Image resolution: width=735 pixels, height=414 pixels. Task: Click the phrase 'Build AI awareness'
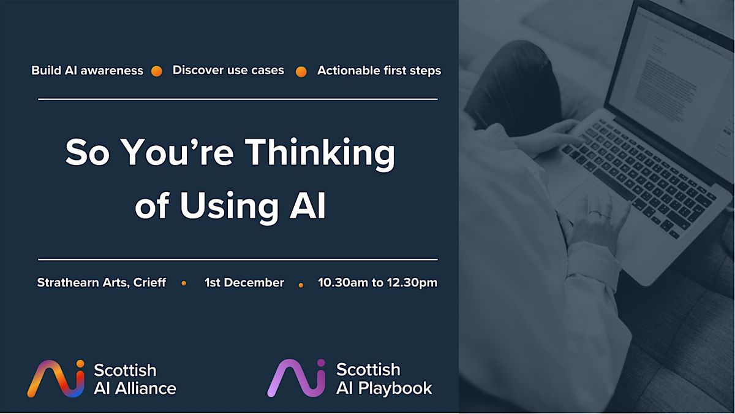click(87, 71)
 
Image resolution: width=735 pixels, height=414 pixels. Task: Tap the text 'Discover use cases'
click(228, 70)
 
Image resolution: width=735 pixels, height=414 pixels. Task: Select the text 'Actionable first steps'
click(379, 71)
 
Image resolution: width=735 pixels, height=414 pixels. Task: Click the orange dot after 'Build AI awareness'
click(157, 71)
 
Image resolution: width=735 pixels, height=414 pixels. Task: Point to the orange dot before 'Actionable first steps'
click(301, 72)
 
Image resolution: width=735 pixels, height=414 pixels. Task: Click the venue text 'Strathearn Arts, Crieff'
click(101, 283)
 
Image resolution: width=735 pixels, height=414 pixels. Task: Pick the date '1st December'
click(244, 283)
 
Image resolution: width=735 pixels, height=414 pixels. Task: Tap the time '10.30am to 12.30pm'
click(377, 283)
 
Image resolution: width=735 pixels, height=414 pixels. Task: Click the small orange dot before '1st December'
click(184, 283)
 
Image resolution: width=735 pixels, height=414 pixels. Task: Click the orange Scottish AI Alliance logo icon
click(55, 378)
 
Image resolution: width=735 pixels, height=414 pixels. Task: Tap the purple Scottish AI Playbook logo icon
click(296, 378)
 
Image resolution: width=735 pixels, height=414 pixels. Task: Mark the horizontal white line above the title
click(238, 99)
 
